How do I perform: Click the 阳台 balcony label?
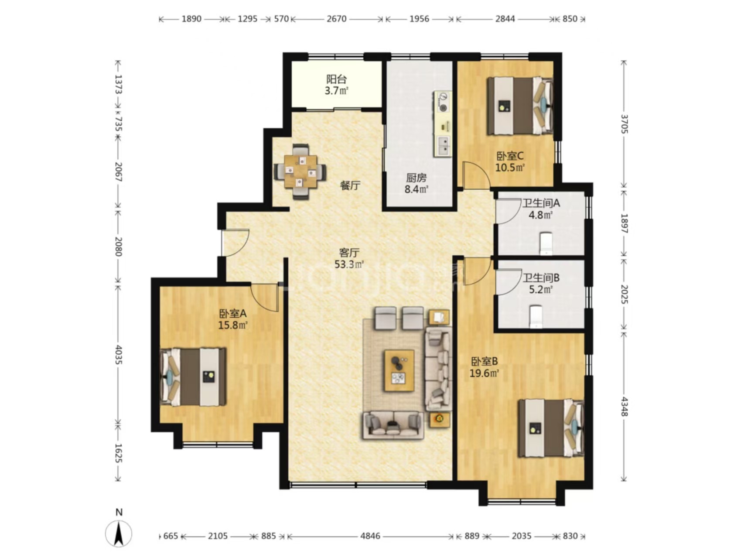(x=336, y=79)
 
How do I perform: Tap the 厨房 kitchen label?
(x=416, y=178)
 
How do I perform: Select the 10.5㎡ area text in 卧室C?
(x=510, y=167)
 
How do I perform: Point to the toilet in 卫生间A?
(x=546, y=244)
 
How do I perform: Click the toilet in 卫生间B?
(x=536, y=317)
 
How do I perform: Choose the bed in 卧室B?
(x=551, y=428)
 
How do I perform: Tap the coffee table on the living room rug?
(x=399, y=370)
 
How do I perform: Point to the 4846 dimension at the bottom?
(x=370, y=536)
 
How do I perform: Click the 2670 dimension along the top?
(x=336, y=19)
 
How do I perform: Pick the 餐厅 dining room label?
(x=350, y=185)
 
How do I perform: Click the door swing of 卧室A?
(x=265, y=297)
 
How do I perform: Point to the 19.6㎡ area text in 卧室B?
(x=484, y=373)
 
